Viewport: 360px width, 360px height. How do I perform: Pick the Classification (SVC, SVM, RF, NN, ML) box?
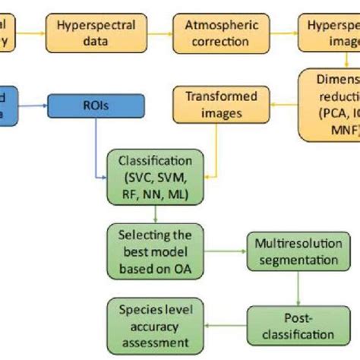(x=151, y=174)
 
